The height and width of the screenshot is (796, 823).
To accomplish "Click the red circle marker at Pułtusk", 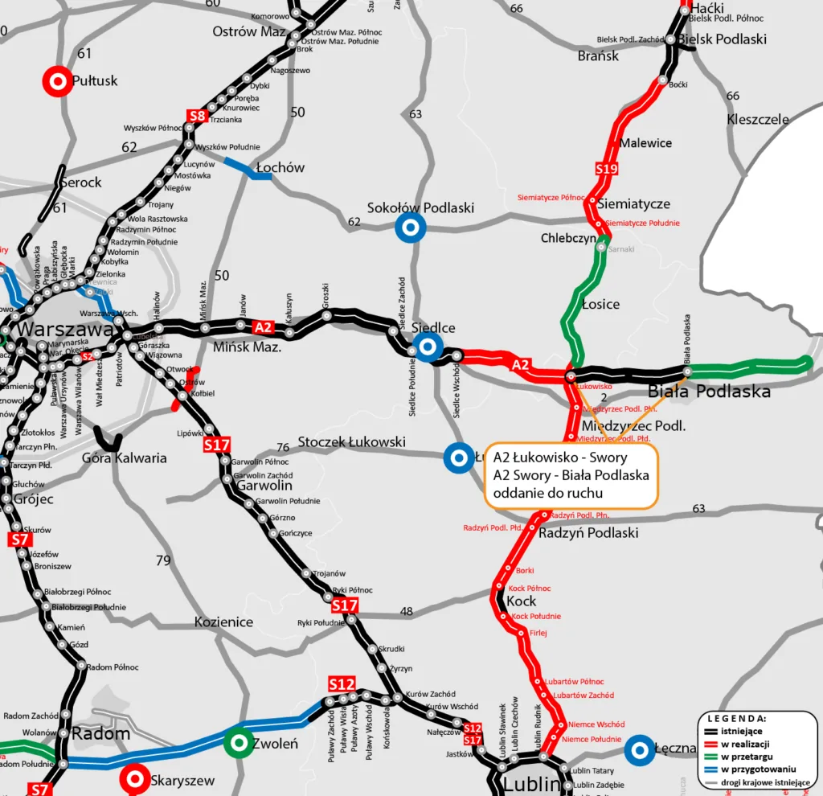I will click(58, 80).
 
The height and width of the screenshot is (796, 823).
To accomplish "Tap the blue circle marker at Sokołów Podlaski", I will click(411, 228).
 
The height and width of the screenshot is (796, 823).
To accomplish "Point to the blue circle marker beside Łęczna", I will click(640, 749).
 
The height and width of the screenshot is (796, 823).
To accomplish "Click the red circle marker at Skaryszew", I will click(135, 779).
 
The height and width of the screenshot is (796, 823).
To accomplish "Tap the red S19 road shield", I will click(607, 169).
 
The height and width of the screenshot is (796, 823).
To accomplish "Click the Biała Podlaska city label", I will click(709, 392).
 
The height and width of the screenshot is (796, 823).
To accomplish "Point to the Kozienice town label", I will click(223, 622).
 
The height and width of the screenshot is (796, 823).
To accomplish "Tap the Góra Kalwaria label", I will click(125, 457).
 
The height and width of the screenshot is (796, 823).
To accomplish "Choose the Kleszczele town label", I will click(758, 119).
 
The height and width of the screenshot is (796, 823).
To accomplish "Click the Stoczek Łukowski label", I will click(351, 442).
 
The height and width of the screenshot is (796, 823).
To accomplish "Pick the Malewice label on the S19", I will click(645, 143).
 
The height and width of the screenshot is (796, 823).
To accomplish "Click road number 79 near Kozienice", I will click(163, 560).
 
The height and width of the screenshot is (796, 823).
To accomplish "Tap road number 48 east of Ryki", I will click(407, 612).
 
